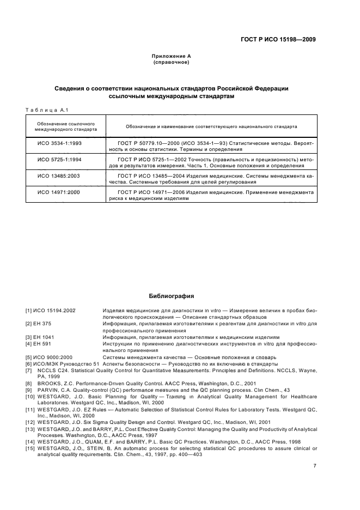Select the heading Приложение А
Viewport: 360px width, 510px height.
point(171,56)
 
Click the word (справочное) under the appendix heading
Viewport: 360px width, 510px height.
point(171,62)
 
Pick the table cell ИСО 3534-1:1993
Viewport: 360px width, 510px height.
point(59,143)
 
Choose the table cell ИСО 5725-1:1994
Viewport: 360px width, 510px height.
point(59,159)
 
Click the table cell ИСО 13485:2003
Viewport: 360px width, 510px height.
point(59,176)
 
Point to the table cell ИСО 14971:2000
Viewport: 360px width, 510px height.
point(59,192)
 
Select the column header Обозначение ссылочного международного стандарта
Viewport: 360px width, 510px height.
point(66,126)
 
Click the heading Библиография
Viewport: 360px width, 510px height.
point(171,296)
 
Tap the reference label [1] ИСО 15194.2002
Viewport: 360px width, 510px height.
point(50,311)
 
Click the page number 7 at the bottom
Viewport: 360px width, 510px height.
point(315,466)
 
